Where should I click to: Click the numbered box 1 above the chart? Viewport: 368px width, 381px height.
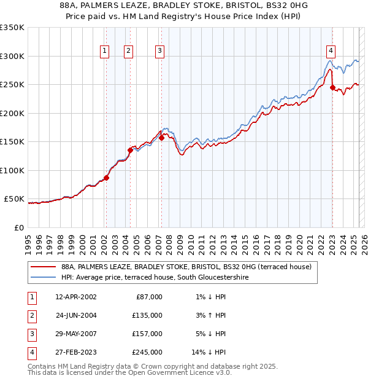pyautogui.click(x=105, y=51)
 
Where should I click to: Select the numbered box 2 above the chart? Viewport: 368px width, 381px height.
pyautogui.click(x=129, y=51)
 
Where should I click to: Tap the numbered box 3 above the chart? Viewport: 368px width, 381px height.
pyautogui.click(x=159, y=51)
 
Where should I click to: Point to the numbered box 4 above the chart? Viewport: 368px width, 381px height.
pyautogui.click(x=331, y=51)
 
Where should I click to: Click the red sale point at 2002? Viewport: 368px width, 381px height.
pyautogui.click(x=106, y=178)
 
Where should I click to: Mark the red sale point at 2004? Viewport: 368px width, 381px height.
pyautogui.click(x=130, y=150)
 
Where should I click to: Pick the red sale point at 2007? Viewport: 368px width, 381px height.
pyautogui.click(x=161, y=138)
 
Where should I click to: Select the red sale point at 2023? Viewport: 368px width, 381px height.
pyautogui.click(x=332, y=87)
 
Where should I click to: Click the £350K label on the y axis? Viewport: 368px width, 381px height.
pyautogui.click(x=12, y=28)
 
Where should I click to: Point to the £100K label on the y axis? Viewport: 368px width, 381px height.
pyautogui.click(x=12, y=170)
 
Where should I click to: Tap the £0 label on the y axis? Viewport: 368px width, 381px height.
pyautogui.click(x=18, y=227)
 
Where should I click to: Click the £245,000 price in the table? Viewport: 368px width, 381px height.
pyautogui.click(x=148, y=352)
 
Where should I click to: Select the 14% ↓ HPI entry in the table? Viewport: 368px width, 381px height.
pyautogui.click(x=209, y=352)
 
